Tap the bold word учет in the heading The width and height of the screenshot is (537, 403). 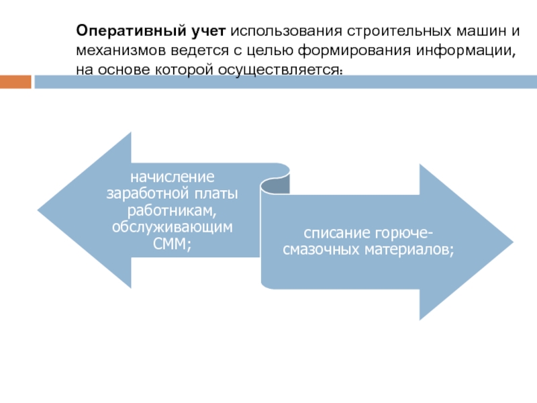coord(210,32)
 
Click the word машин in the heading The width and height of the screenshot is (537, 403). coord(475,32)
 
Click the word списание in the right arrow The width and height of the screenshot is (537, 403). coord(329,233)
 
